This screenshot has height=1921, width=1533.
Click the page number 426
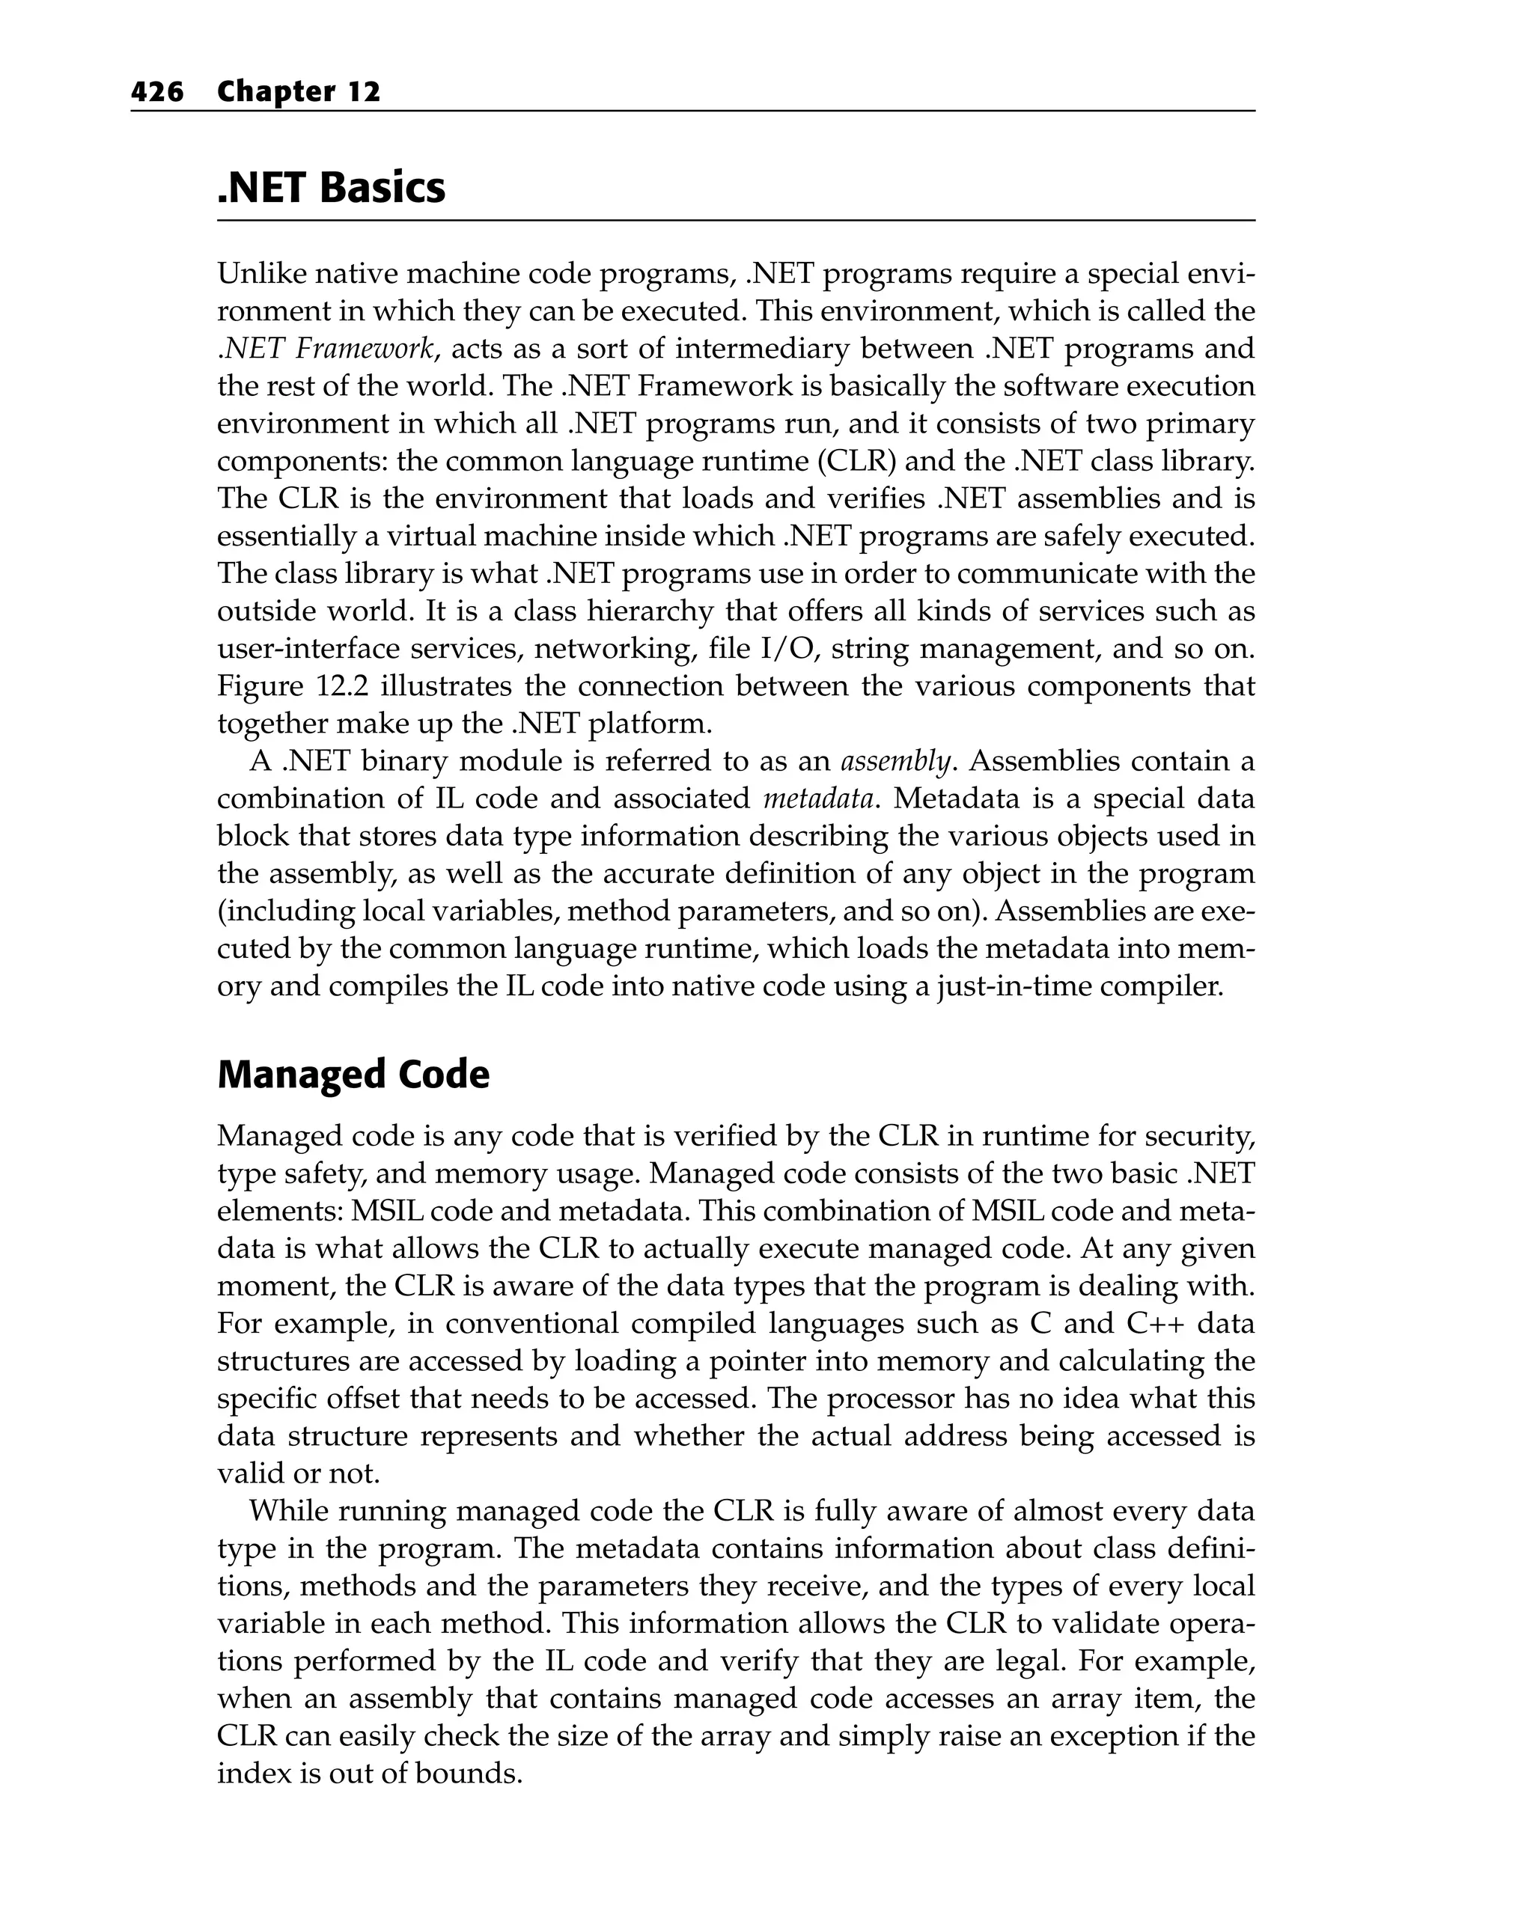157,92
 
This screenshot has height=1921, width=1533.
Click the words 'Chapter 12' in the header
299,92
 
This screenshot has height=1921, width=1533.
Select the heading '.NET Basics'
331,188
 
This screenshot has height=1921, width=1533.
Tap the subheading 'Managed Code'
353,1075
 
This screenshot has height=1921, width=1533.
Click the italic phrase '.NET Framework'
326,349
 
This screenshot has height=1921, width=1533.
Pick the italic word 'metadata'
818,798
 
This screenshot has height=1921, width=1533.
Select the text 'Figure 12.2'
287,686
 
